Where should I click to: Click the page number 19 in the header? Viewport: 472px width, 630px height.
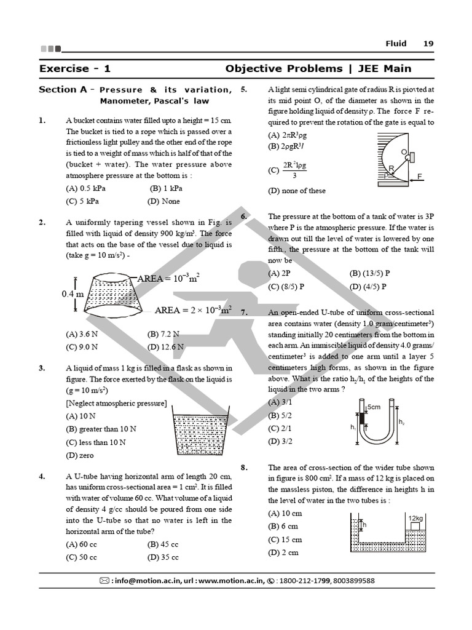[x=428, y=43]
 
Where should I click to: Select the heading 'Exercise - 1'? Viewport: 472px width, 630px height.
[x=74, y=68]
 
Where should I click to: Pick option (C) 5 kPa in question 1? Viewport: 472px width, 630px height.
[x=82, y=201]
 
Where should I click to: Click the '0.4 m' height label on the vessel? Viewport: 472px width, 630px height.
[x=73, y=294]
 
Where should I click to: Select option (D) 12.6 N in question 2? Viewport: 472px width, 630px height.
[x=166, y=346]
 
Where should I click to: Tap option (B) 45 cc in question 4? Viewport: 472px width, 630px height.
[x=163, y=544]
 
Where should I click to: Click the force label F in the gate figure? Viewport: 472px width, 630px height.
[x=420, y=176]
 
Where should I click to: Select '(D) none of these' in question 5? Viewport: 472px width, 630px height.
[x=297, y=191]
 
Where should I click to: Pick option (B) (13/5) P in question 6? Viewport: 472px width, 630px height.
[x=370, y=273]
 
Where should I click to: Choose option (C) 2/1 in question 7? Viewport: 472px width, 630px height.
[x=280, y=428]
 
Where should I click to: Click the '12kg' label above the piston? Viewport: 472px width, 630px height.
[x=415, y=518]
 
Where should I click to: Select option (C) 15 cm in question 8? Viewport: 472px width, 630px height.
[x=285, y=540]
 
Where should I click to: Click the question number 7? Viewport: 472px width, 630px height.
[x=244, y=313]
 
